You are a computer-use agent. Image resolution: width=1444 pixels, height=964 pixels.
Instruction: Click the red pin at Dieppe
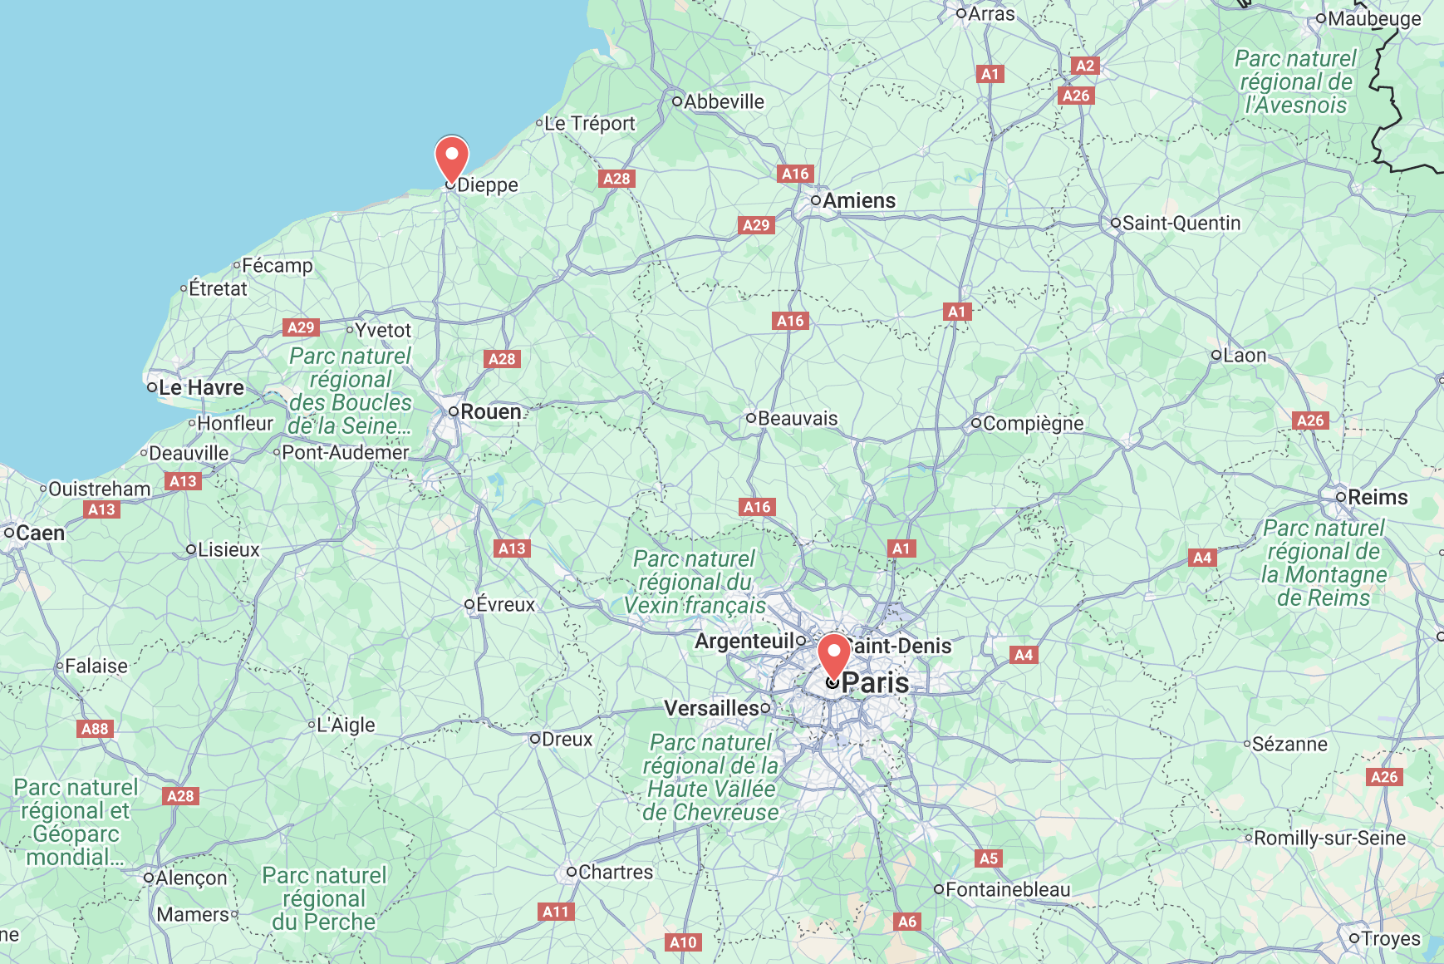pos(451,157)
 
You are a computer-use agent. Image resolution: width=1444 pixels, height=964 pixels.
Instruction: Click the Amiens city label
pos(859,200)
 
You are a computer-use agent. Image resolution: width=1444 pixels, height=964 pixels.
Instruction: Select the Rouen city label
pos(490,411)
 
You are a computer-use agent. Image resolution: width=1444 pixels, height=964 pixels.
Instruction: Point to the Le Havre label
pos(201,387)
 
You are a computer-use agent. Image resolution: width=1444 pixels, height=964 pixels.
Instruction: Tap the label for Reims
pos(1378,497)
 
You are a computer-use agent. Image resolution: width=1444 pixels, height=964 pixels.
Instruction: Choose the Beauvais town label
pos(798,418)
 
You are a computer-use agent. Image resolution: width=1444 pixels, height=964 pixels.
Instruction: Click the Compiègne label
pos(1033,423)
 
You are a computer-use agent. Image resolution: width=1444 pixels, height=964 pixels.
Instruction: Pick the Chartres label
pos(616,872)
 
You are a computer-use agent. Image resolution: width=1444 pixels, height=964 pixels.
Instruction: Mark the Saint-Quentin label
pos(1181,223)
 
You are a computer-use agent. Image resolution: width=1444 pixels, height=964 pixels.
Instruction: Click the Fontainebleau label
pos(1008,889)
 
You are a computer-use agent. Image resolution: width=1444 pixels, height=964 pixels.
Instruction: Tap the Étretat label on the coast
pos(218,288)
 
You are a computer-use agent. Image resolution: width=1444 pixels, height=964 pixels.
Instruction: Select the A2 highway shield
pos(1085,66)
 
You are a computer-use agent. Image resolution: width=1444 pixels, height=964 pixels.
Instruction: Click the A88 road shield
pos(95,729)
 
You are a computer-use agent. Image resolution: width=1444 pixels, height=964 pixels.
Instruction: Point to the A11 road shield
pos(556,912)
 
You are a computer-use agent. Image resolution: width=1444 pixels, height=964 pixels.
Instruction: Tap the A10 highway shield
pos(684,942)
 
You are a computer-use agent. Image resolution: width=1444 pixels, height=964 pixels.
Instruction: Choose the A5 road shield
pos(988,858)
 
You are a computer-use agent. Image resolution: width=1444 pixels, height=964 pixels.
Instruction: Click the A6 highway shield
pos(907,921)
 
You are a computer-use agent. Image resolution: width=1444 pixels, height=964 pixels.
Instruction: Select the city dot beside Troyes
pos(1354,938)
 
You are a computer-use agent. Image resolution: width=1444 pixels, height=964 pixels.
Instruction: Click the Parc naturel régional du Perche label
pos(324,898)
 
